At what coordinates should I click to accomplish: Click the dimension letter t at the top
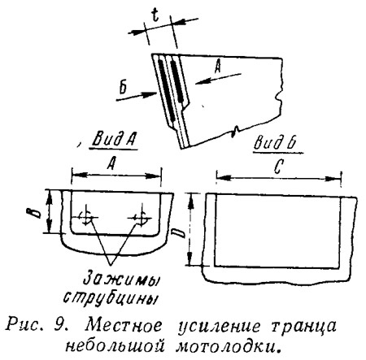point(155,15)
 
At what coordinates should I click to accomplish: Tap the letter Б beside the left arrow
point(123,88)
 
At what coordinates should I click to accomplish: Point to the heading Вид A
point(113,140)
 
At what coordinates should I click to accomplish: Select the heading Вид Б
point(274,143)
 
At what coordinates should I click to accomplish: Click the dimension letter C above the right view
point(278,167)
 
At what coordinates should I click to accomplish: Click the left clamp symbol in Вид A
point(85,216)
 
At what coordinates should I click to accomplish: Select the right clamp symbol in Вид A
point(141,216)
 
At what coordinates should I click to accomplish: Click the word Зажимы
point(121,280)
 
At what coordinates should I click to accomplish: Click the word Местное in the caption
point(124,325)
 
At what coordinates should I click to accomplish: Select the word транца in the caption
point(303,327)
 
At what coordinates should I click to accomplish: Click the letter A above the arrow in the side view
point(218,67)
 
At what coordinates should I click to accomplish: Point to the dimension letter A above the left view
point(111,163)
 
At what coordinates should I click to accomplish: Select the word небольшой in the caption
point(115,345)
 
